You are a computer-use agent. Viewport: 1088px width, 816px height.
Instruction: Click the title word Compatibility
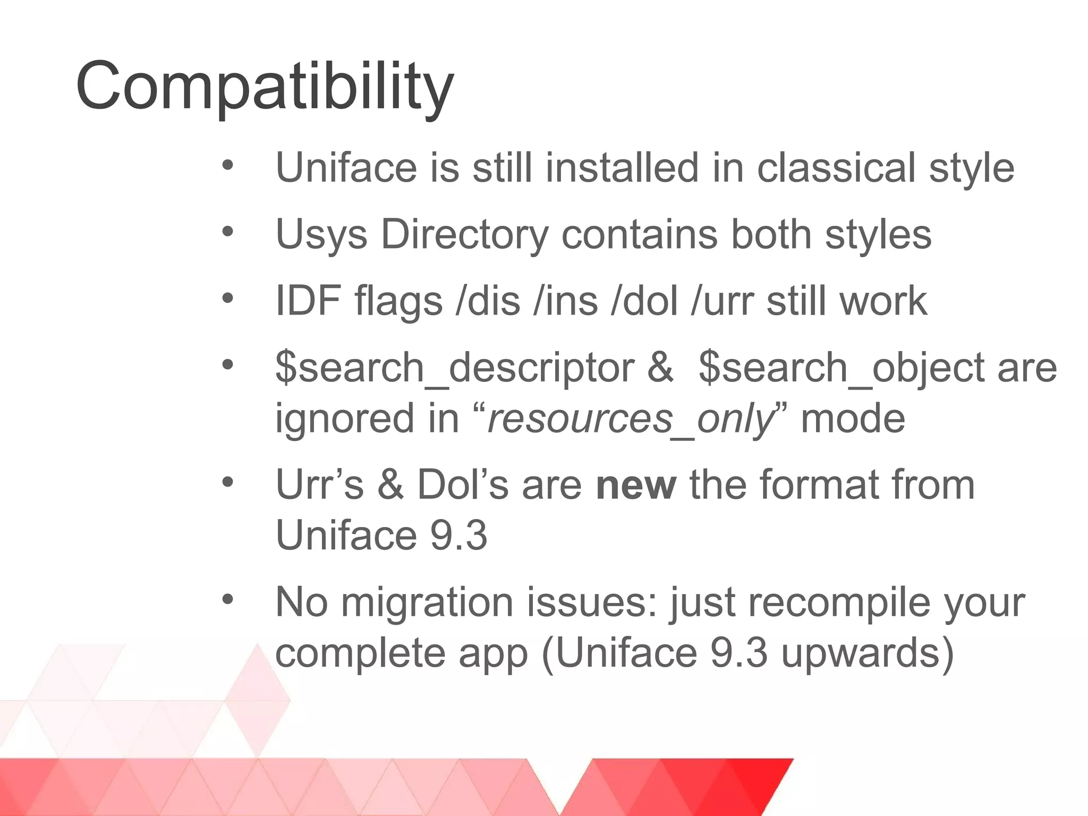(265, 87)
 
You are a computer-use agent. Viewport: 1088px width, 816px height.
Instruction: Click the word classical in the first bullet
(836, 168)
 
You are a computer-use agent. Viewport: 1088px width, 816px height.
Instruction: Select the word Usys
(321, 234)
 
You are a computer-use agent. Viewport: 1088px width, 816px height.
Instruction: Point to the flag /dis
(488, 301)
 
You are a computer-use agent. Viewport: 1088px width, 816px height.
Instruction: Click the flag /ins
(565, 301)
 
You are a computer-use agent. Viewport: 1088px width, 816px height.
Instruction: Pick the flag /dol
(644, 301)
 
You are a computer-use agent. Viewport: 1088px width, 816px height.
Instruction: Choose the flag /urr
(722, 301)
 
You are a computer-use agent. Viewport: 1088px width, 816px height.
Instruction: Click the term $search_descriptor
(455, 368)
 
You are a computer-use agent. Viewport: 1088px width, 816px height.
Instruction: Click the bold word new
(636, 485)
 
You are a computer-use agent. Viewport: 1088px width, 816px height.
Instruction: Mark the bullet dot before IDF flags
(228, 298)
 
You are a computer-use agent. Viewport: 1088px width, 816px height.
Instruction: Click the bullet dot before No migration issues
(228, 600)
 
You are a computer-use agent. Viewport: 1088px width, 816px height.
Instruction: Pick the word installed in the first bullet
(622, 168)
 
